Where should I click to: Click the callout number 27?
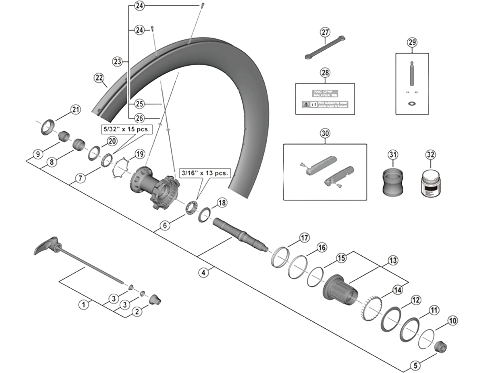point(325,32)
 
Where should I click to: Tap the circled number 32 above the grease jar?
point(430,155)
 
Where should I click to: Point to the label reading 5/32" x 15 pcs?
point(127,129)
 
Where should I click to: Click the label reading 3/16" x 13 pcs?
point(205,173)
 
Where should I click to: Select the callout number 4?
point(203,272)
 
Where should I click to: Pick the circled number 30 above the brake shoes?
point(325,133)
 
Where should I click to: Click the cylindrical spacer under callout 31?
point(392,183)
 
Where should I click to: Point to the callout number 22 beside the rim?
point(99,78)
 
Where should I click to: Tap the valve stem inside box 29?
point(412,74)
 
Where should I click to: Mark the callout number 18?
point(222,203)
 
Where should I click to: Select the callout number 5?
point(415,365)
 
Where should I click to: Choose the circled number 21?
point(76,110)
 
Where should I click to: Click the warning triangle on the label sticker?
point(306,104)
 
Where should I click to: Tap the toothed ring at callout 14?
point(370,309)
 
